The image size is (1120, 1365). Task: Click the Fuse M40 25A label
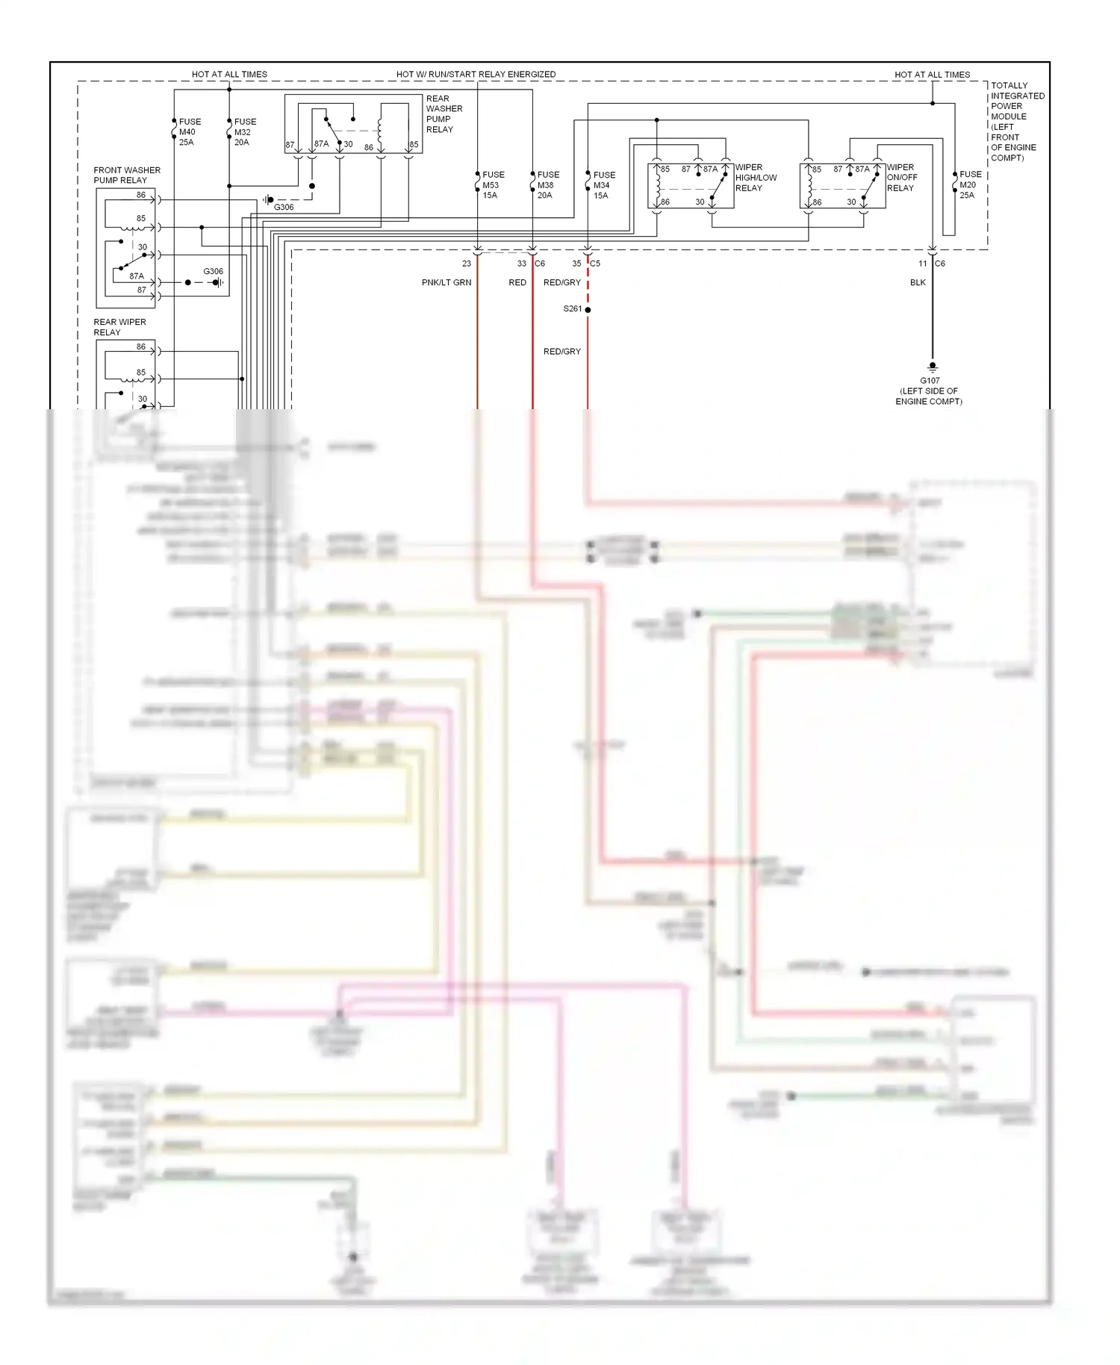(189, 132)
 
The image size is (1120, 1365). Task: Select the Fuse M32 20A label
(244, 132)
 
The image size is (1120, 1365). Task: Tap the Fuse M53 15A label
(493, 185)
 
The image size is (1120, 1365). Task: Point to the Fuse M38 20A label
(547, 185)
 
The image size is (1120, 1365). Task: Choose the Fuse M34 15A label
(603, 185)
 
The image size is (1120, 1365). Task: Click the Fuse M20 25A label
(970, 184)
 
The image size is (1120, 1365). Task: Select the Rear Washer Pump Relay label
(444, 114)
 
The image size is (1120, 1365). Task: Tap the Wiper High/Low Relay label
(756, 178)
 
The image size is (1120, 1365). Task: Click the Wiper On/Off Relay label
(901, 178)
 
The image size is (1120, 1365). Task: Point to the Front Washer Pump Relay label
(126, 175)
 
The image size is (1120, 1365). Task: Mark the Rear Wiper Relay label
(119, 327)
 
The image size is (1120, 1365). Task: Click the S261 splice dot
(588, 309)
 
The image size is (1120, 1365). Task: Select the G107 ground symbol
(932, 367)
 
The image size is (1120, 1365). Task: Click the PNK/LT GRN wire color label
(447, 283)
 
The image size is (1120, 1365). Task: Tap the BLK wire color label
(918, 283)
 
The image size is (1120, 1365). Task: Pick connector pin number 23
(467, 264)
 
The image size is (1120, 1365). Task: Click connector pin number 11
(923, 264)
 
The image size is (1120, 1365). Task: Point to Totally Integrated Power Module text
(1016, 122)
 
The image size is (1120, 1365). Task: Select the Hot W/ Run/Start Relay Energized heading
(476, 75)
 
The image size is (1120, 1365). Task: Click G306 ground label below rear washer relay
(284, 208)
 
